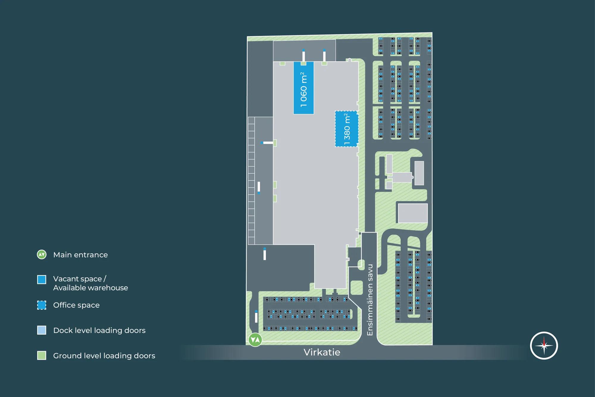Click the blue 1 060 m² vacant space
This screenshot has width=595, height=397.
(303, 88)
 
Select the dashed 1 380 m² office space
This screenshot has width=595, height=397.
(347, 129)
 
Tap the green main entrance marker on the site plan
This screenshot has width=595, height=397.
(255, 340)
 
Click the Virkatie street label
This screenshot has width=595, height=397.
(322, 352)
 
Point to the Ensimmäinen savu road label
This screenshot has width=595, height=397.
(370, 300)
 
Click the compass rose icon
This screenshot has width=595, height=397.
(544, 345)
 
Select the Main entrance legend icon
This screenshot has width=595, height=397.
(42, 255)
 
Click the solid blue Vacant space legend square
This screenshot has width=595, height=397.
(42, 279)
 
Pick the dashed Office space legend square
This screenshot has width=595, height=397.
(42, 305)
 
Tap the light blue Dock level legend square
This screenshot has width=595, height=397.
(42, 330)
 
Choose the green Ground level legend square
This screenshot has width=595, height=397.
(42, 356)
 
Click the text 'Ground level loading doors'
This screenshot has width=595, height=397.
(104, 356)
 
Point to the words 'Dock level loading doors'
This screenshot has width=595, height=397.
(99, 330)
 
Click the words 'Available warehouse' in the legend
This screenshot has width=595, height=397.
(90, 288)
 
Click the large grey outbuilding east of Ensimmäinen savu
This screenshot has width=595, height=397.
(413, 213)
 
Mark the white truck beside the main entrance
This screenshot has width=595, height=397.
(256, 317)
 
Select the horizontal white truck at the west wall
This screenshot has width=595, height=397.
(267, 143)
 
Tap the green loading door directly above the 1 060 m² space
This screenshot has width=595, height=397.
(303, 63)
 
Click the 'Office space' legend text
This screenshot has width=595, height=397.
(76, 305)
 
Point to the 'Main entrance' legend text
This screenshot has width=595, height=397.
(80, 255)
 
